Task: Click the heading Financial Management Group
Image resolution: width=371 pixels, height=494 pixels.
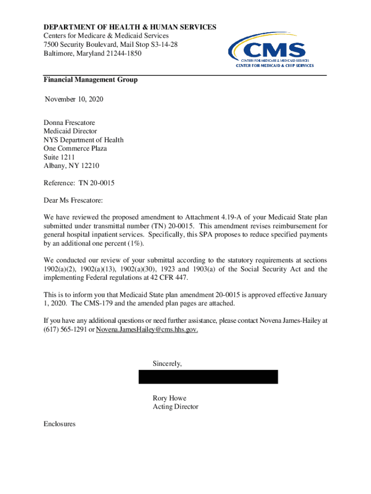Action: (91, 80)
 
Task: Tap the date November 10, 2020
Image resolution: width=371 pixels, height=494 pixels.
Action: (74, 99)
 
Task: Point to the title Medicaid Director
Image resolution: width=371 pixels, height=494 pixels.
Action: (70, 131)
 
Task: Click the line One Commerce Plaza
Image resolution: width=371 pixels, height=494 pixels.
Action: (75, 149)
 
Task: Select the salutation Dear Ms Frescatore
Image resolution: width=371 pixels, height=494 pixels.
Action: (73, 200)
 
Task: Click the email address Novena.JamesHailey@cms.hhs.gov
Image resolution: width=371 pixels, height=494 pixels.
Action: (147, 329)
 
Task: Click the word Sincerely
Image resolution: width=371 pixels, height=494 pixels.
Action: (167, 363)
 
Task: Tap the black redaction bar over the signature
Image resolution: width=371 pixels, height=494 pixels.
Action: (208, 377)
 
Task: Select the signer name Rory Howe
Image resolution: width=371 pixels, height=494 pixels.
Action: (169, 398)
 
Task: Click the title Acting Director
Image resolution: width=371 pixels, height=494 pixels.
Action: (175, 407)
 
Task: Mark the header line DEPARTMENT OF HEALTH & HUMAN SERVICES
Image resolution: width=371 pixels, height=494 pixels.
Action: (130, 27)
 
